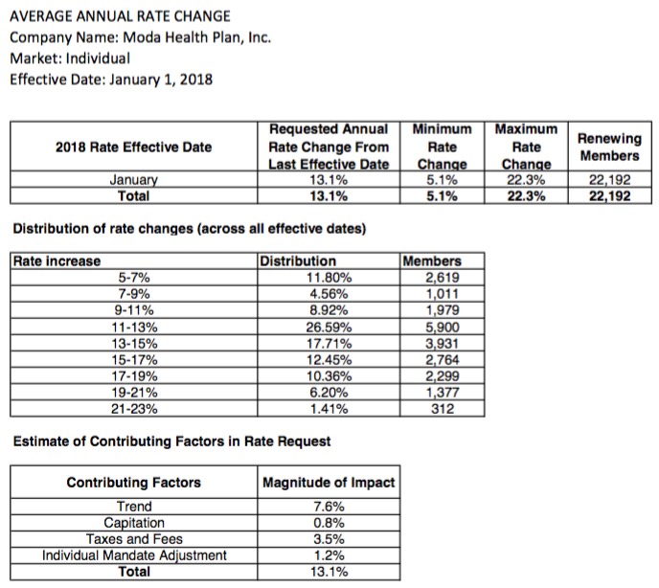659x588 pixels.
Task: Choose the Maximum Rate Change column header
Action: click(526, 147)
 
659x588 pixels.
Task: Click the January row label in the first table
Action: click(133, 178)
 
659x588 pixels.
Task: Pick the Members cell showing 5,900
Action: click(442, 326)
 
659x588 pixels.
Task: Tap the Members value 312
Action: click(442, 408)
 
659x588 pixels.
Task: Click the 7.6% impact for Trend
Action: click(329, 507)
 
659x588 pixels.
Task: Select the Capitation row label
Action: click(134, 523)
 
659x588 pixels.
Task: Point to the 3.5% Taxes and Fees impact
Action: click(329, 539)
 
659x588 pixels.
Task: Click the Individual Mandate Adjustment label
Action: click(134, 555)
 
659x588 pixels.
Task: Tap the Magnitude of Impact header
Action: click(329, 482)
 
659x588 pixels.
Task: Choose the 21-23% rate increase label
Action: click(133, 408)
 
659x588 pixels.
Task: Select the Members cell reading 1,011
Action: click(442, 293)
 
